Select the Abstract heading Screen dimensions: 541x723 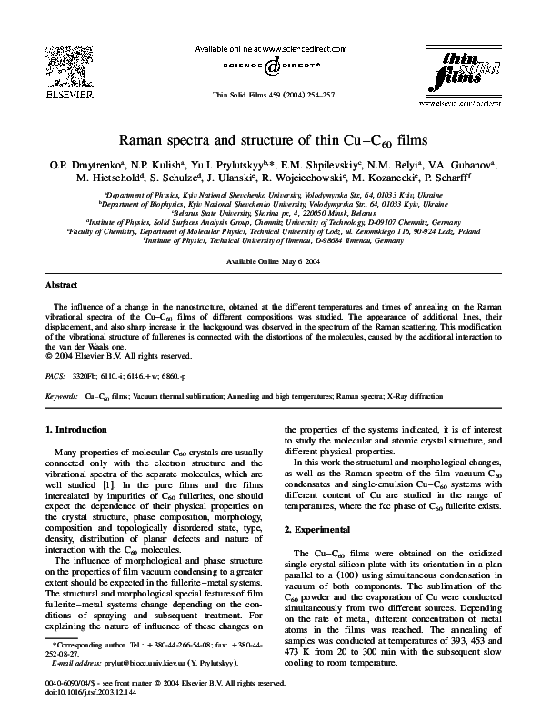61,260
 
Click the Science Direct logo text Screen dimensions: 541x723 270,65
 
